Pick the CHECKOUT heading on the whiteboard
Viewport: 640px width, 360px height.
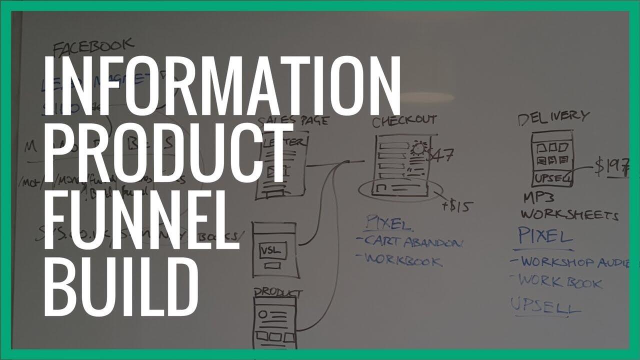pyautogui.click(x=404, y=120)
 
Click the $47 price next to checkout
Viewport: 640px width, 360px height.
pyautogui.click(x=440, y=155)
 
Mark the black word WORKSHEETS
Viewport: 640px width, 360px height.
pyautogui.click(x=570, y=214)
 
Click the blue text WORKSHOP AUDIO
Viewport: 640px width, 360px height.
pyautogui.click(x=575, y=262)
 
